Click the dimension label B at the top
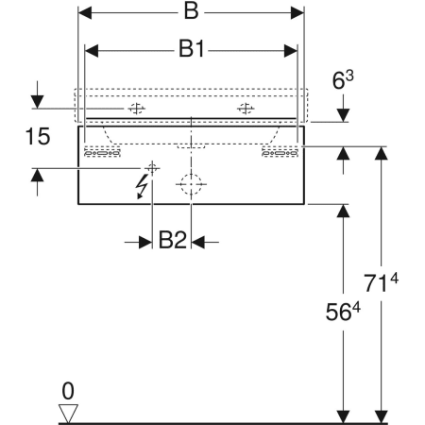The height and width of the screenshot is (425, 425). pos(191,11)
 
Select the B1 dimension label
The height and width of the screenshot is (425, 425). pos(192,49)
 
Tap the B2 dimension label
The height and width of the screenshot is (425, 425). pos(172,240)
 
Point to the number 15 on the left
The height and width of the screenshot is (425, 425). pos(38,137)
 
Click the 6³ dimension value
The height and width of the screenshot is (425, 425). pos(343,79)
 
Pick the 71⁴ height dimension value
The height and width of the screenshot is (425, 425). pos(381,282)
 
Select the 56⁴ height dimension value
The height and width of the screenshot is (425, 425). pos(343,312)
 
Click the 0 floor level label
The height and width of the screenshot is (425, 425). pos(68,391)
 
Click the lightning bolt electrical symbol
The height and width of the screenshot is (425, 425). pos(141,187)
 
